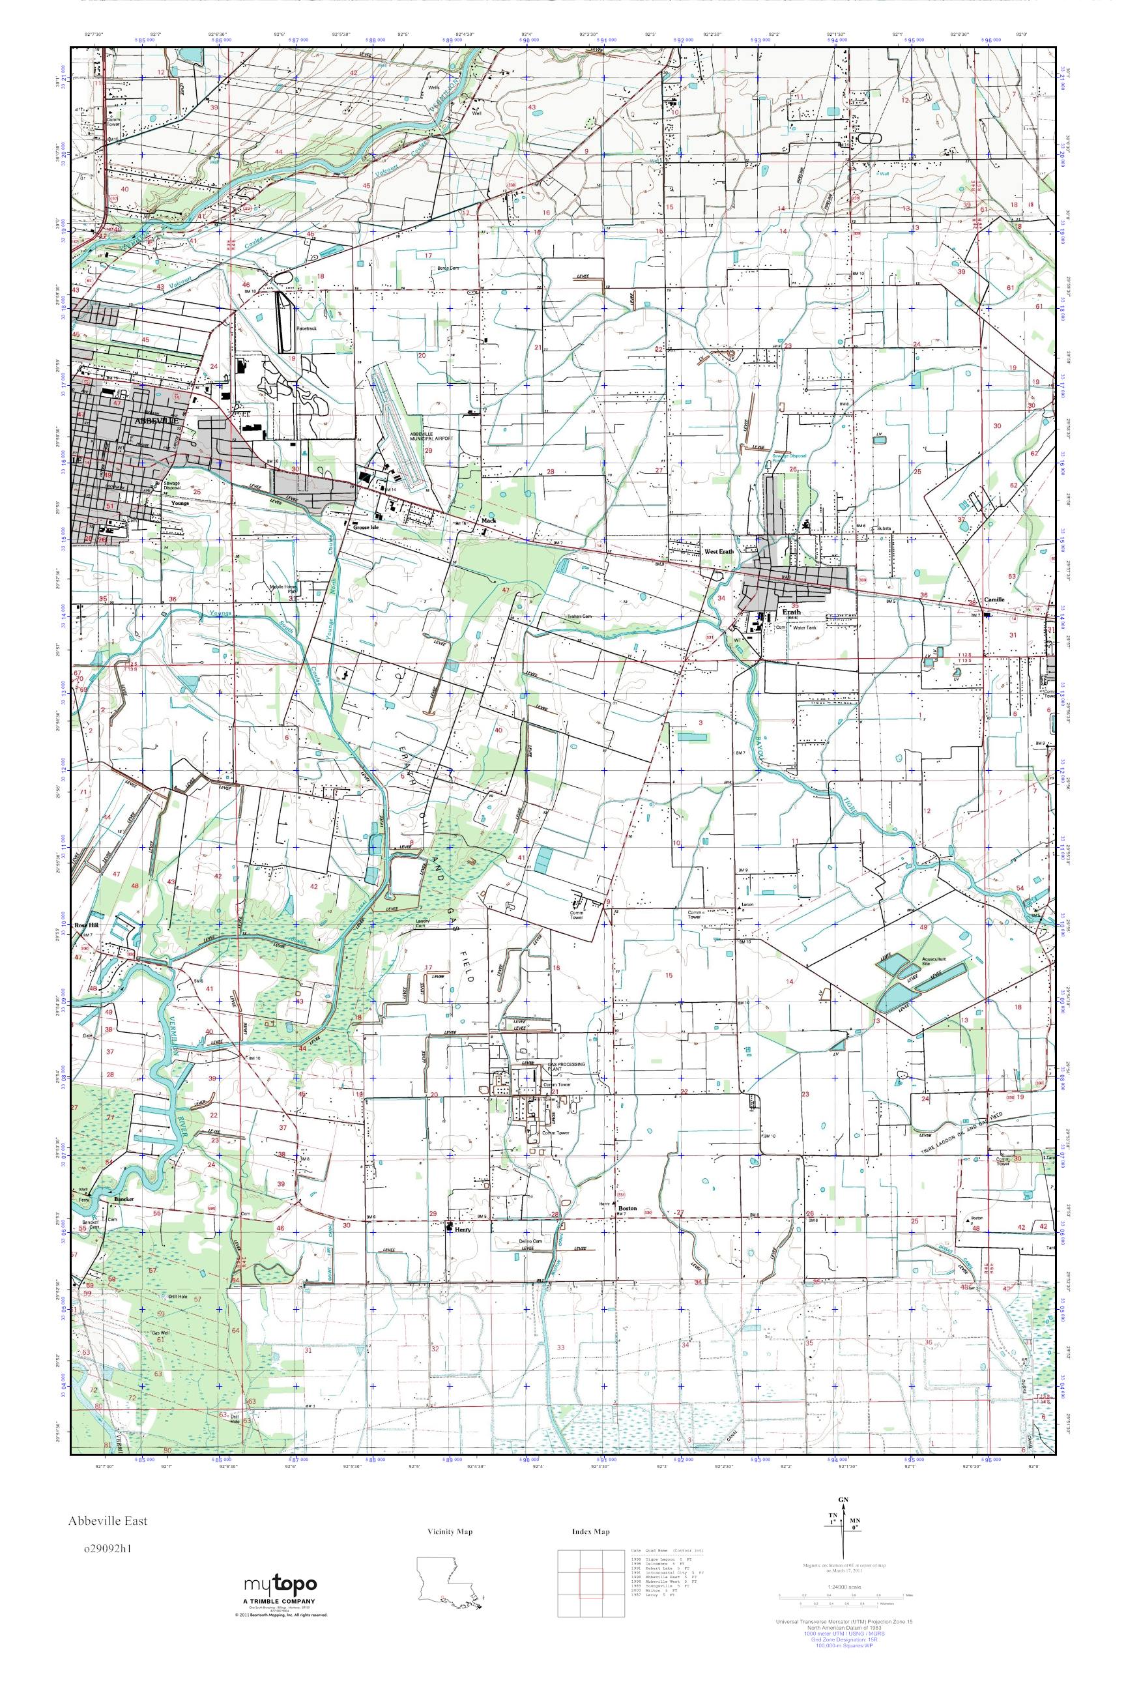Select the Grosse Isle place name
tap(366, 527)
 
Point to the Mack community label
tap(489, 521)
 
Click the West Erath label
tap(719, 551)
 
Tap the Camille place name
tap(994, 599)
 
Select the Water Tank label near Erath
tap(803, 626)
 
